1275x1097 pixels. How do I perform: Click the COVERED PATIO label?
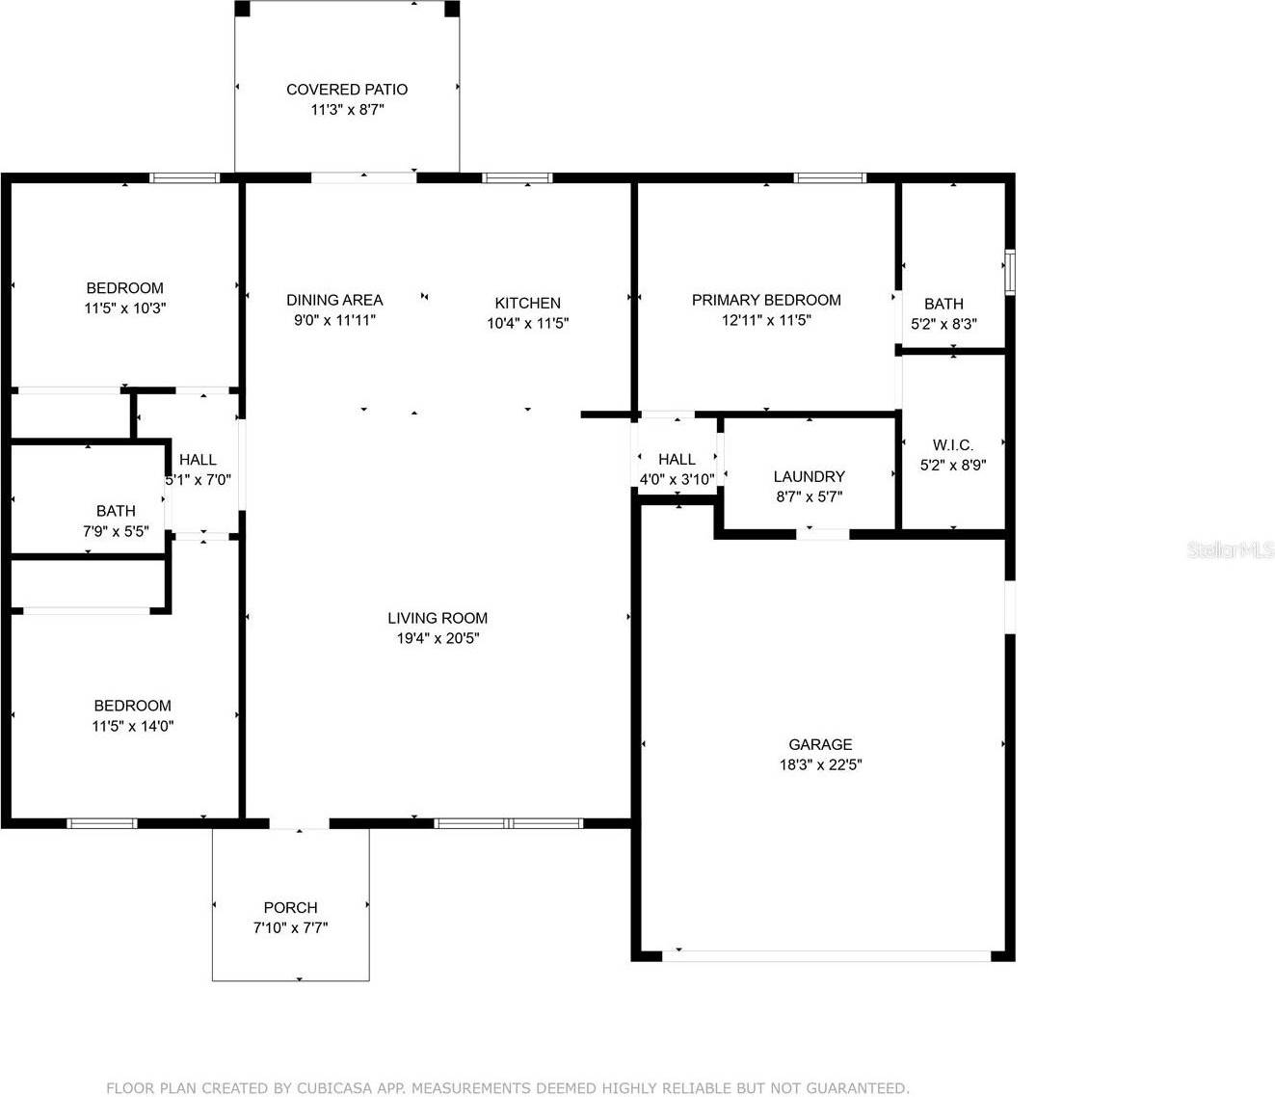[347, 90]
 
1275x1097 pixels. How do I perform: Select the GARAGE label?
[820, 744]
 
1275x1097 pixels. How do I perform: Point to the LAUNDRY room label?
[809, 476]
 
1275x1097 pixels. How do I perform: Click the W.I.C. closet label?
[952, 444]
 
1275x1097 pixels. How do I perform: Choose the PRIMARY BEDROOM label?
[766, 300]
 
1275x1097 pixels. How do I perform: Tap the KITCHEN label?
[527, 303]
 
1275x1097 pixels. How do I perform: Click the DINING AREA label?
[334, 300]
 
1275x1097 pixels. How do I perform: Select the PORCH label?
[290, 907]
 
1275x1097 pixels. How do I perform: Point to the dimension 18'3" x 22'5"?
[820, 765]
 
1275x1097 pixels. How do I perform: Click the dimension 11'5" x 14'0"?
[132, 727]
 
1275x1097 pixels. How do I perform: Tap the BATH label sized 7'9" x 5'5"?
[116, 511]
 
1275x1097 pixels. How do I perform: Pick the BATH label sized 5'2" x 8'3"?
[943, 304]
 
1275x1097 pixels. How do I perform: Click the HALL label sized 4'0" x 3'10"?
[677, 460]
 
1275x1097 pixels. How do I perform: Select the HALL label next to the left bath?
[198, 460]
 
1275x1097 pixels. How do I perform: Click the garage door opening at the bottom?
[827, 956]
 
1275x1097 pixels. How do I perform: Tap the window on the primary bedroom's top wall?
[830, 177]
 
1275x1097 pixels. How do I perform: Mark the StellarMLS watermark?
[1230, 550]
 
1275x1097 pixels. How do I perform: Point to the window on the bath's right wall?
[1009, 272]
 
